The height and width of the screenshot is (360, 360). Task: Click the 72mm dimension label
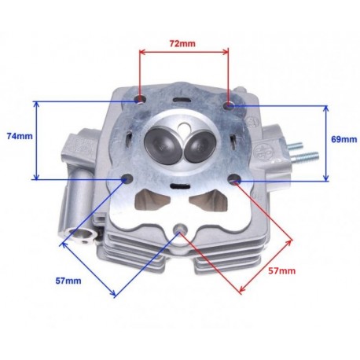[x=182, y=43]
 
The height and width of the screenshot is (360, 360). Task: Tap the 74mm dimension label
[x=20, y=136]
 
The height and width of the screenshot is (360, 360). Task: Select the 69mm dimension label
[x=344, y=139]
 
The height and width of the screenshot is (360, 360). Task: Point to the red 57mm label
[x=281, y=270]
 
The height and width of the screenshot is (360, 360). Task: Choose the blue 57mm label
[x=68, y=281]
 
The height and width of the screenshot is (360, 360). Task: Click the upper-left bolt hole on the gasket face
[x=140, y=100]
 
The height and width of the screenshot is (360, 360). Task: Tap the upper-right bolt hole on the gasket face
[x=229, y=105]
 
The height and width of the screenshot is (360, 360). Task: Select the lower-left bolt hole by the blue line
[x=127, y=179]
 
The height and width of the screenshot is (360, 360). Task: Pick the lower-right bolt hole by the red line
[x=234, y=179]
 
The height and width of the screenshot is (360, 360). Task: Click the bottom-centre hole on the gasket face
[x=180, y=229]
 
